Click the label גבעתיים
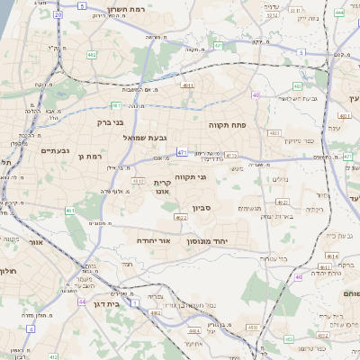click(56, 150)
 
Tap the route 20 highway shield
click(58, 14)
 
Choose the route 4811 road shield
click(186, 86)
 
